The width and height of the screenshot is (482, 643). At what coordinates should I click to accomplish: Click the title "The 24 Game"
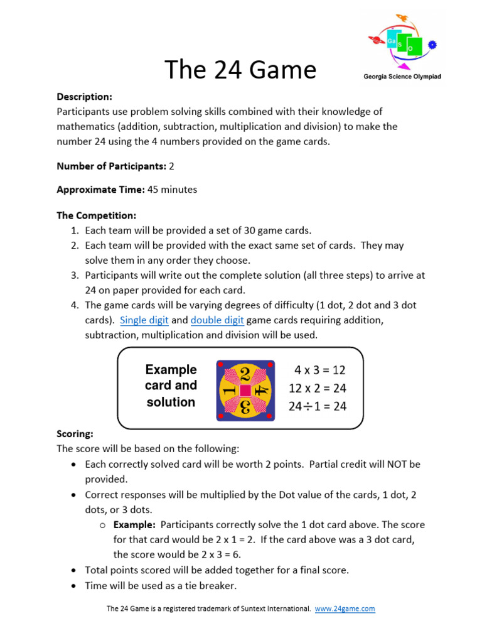tap(240, 70)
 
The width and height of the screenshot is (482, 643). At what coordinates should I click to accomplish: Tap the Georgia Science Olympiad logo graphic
tap(402, 42)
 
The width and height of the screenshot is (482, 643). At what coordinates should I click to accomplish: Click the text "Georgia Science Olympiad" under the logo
tap(402, 77)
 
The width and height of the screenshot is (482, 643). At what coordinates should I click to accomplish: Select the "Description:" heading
tap(84, 97)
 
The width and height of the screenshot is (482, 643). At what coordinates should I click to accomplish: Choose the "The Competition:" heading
tap(97, 215)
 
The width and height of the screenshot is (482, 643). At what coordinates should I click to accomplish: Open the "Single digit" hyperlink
tap(144, 320)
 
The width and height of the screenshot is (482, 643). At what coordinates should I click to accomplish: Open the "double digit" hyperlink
tap(217, 320)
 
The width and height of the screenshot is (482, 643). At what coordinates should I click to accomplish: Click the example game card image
tap(245, 390)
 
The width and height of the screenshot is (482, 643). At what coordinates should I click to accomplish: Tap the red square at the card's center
tap(245, 391)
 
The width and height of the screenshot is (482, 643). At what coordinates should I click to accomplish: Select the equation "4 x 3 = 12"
tap(320, 370)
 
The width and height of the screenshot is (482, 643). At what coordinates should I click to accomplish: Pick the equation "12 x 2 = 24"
tap(318, 388)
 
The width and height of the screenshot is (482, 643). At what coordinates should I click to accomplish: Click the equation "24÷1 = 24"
tap(318, 406)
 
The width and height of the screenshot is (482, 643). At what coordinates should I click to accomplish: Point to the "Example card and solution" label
tap(171, 386)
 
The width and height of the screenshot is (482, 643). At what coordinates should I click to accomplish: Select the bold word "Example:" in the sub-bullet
tap(134, 524)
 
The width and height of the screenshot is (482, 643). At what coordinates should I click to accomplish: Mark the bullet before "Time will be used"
tap(74, 586)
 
